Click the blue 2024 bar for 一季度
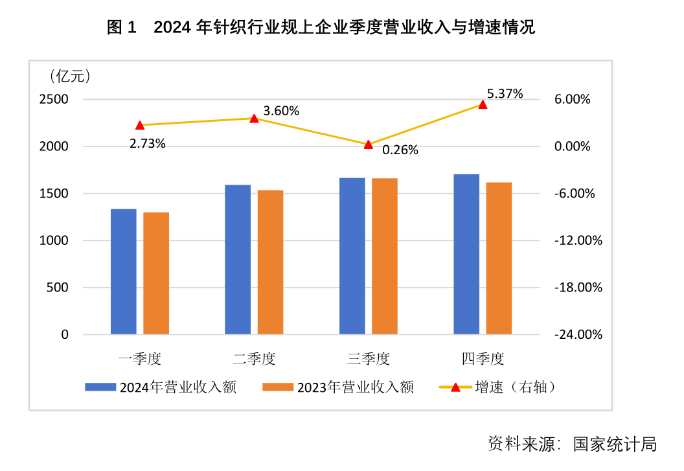[x=123, y=272]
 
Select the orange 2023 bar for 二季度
[x=270, y=262]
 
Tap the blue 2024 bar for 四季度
[x=466, y=255]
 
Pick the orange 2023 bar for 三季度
[x=384, y=257]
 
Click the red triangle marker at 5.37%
[x=483, y=104]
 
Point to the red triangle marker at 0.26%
[x=369, y=144]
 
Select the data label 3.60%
[x=282, y=111]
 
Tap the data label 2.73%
[x=148, y=144]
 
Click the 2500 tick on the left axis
[x=55, y=100]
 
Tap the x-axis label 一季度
[x=139, y=358]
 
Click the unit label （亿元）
[x=70, y=76]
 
